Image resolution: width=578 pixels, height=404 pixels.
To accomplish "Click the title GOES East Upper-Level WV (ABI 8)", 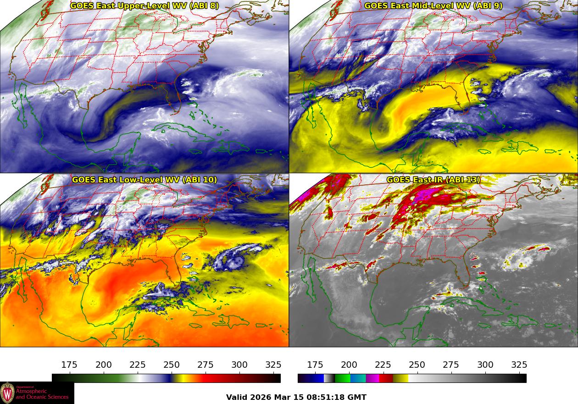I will pos(144,6).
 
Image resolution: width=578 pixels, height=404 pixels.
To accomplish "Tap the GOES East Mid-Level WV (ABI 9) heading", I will pos(433,6).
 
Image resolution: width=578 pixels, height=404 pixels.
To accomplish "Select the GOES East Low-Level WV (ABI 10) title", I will pos(144,180).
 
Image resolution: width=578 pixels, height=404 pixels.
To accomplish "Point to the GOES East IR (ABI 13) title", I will pos(433,180).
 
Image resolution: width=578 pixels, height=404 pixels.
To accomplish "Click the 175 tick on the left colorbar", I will pos(69,365).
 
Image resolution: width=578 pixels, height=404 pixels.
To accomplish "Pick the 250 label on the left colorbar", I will pos(172,365).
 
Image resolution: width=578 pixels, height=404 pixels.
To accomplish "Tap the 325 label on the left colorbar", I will pos(273,365).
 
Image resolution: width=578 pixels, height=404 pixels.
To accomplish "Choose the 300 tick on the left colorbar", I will pos(239,365).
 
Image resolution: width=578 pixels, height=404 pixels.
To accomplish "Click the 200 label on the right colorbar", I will pos(349,365).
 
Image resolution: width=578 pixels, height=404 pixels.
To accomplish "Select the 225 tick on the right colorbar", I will pos(383,365).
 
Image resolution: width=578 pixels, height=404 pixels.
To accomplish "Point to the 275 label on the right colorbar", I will pos(451,365).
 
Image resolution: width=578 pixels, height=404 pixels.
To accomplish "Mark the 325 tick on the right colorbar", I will pos(519,365).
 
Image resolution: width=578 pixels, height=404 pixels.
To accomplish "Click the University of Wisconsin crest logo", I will pos(7,393).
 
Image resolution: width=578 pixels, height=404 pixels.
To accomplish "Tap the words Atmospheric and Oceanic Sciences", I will pos(42,394).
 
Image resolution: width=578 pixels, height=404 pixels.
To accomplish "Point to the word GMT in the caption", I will pos(357,397).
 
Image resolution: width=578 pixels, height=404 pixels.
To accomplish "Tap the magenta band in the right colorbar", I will pos(372,378).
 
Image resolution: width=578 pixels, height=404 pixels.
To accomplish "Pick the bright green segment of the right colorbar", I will pos(342,378).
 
